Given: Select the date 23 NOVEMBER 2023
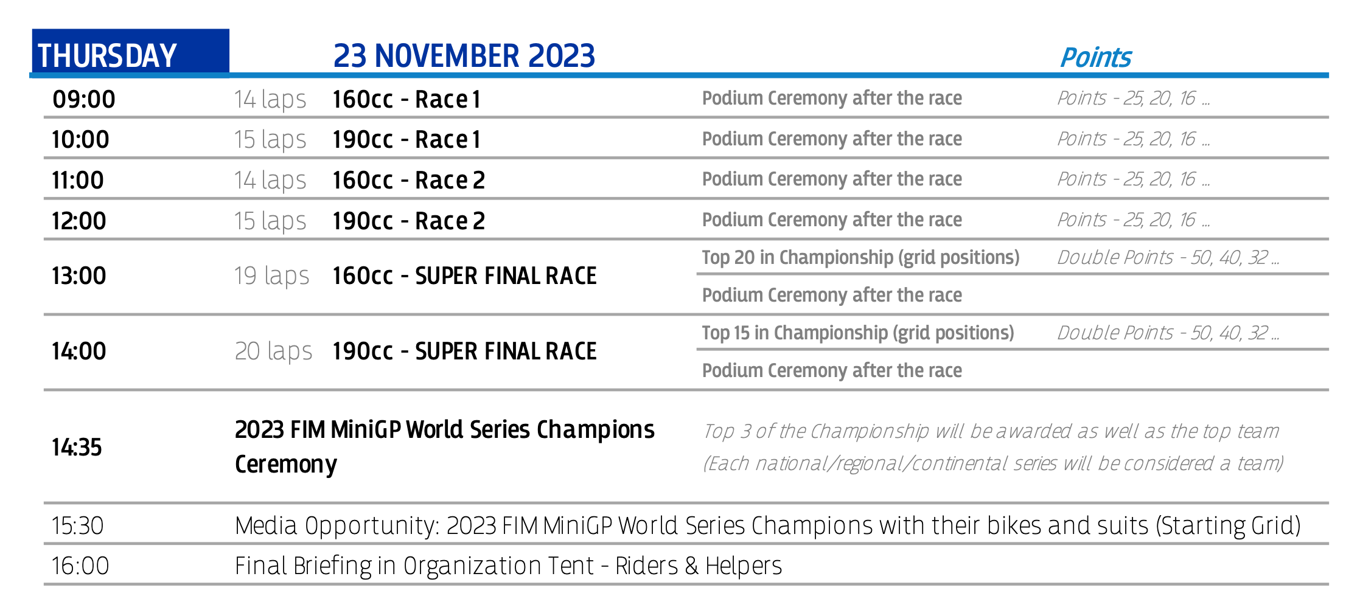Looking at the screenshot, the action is (x=464, y=56).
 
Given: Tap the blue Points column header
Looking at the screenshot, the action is (x=1095, y=58).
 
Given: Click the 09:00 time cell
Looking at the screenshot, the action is (x=84, y=99).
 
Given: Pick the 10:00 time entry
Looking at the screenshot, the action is (x=80, y=140).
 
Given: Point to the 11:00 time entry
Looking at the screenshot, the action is (x=78, y=181).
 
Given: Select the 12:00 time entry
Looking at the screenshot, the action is (x=79, y=221).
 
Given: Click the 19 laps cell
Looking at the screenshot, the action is (x=272, y=276).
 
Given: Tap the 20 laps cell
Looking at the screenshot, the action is (x=273, y=352).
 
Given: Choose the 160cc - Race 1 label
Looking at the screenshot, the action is (x=406, y=99).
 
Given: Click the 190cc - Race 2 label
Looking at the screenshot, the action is (x=409, y=221).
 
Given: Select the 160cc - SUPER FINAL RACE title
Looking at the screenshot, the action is (x=465, y=276).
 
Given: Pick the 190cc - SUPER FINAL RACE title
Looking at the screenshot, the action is (x=465, y=352).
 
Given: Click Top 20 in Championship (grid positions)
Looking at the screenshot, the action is (x=860, y=258).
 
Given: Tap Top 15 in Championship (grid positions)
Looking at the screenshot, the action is (x=858, y=333).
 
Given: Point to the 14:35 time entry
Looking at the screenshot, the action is (x=77, y=448).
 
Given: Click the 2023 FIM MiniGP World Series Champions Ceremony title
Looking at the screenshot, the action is (x=445, y=447).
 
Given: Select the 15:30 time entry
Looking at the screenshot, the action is (x=77, y=526).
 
